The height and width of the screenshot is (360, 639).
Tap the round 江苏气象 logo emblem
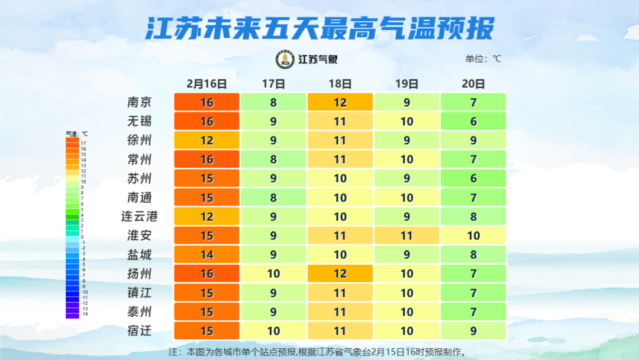(x=285, y=59)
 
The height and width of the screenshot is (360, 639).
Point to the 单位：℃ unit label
(x=483, y=59)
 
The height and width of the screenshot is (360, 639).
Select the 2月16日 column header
(x=206, y=83)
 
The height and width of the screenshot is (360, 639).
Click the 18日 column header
(x=340, y=83)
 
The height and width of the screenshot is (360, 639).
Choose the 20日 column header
(x=473, y=83)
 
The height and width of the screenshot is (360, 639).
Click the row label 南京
(x=139, y=102)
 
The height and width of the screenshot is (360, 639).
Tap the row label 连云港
(x=139, y=217)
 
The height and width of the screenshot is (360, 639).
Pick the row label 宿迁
(x=139, y=330)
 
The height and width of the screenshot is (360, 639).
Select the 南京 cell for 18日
(x=340, y=102)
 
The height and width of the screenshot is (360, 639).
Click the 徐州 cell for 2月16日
(x=206, y=140)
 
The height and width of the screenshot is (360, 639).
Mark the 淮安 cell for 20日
(x=473, y=236)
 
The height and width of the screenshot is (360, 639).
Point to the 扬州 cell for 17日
(x=273, y=274)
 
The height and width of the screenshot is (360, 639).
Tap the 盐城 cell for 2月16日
(x=206, y=255)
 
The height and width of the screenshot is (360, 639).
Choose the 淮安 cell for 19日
(x=407, y=236)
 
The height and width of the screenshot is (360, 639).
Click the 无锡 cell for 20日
(x=473, y=121)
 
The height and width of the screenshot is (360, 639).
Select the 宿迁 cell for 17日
(x=273, y=330)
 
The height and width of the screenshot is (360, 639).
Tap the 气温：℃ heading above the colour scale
(x=76, y=134)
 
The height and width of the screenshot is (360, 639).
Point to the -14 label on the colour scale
(x=84, y=314)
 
